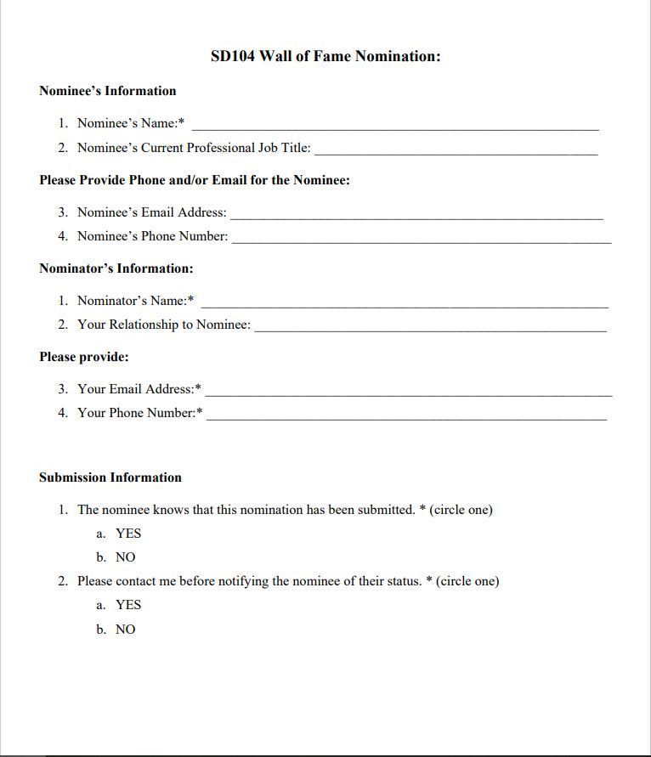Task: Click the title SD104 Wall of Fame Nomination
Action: point(325,57)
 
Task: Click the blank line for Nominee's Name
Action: point(394,127)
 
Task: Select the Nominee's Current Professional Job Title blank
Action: point(456,152)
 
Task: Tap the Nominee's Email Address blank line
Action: point(416,217)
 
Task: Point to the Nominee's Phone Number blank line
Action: point(421,240)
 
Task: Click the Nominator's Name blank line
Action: point(405,304)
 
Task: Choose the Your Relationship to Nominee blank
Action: point(430,328)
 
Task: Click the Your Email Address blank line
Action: point(408,393)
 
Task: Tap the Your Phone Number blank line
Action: point(406,417)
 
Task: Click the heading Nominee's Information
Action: point(108,91)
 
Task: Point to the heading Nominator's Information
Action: point(116,268)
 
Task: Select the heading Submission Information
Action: point(110,477)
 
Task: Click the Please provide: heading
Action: point(84,357)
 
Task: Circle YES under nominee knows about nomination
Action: point(128,534)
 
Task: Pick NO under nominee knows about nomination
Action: point(125,557)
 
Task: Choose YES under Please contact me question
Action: point(128,605)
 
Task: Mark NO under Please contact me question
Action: point(125,630)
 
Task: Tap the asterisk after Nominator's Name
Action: point(190,299)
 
